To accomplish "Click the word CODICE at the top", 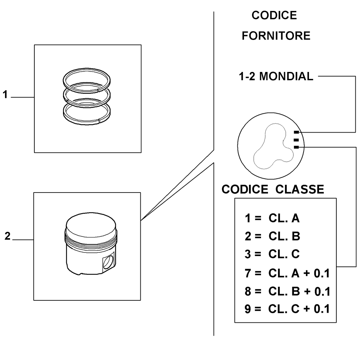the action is [274, 15].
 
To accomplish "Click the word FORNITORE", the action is [276, 36].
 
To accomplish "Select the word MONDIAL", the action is [286, 76].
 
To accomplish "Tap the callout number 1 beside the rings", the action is [5, 95].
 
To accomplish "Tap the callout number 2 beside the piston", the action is [7, 236].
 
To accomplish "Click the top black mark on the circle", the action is [296, 132].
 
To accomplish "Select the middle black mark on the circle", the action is [296, 140].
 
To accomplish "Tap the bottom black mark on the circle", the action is [296, 147].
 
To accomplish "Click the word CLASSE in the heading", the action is [300, 189].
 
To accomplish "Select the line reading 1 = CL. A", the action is [272, 218].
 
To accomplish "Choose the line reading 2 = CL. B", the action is [272, 236].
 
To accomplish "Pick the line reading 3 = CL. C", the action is [272, 254].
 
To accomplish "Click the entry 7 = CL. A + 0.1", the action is [287, 273].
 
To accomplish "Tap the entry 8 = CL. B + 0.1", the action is [287, 291].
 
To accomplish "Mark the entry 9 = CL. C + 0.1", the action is [287, 309].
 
